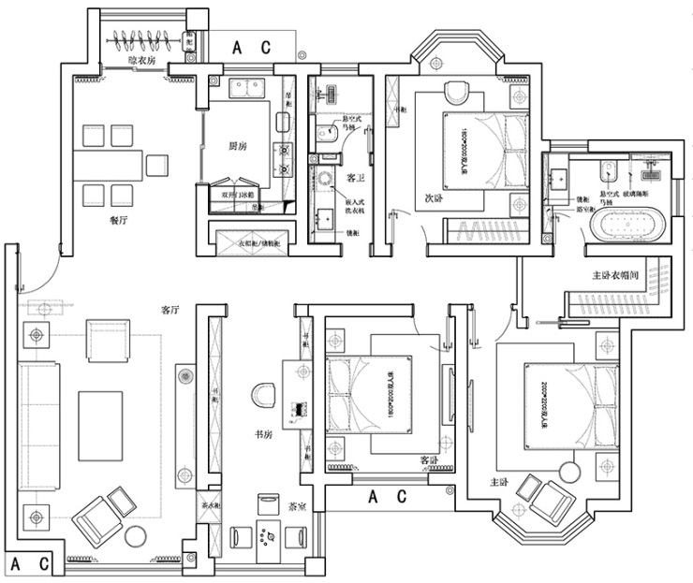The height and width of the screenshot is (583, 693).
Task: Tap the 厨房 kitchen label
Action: (238, 147)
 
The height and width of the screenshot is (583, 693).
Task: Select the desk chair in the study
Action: (264, 394)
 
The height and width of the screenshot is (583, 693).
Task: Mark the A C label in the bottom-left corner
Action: (33, 564)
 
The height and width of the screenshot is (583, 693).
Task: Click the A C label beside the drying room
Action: (250, 46)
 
